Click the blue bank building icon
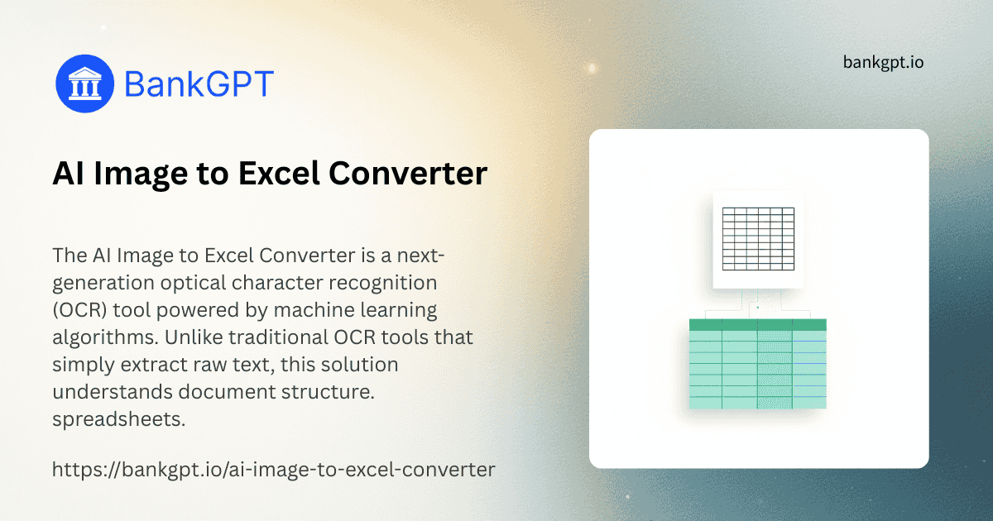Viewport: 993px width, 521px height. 84,84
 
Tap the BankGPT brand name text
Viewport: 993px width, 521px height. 199,84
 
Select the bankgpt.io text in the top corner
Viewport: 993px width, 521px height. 883,62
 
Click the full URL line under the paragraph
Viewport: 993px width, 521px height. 273,471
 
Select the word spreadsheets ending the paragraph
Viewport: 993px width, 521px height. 118,419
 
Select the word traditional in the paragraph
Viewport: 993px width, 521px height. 281,337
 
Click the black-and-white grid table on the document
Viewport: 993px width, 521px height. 757,238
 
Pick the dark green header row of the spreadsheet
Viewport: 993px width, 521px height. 757,325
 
